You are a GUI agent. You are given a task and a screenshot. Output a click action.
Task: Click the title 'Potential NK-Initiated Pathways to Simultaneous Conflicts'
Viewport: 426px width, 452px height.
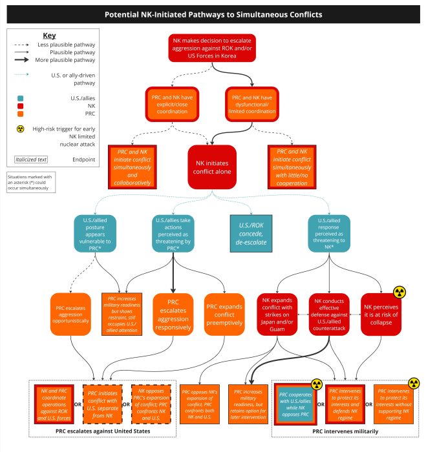(213, 14)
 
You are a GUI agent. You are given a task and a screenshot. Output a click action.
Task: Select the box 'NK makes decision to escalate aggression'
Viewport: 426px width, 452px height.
(212, 48)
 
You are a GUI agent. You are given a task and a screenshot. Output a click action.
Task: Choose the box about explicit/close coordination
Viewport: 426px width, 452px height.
(171, 105)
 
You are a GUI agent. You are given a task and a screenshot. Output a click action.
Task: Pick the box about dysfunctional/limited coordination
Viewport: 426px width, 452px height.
(253, 105)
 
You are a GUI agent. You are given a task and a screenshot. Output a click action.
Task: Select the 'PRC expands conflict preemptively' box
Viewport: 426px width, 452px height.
(223, 314)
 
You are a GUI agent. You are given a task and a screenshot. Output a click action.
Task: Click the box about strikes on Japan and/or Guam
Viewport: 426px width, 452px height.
(277, 314)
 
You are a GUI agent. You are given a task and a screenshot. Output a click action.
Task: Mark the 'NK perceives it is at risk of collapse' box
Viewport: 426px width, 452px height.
(381, 314)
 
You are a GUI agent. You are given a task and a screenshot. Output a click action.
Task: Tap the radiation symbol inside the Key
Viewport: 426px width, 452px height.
(21, 129)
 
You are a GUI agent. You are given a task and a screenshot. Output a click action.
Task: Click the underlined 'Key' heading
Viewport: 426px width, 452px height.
(50, 35)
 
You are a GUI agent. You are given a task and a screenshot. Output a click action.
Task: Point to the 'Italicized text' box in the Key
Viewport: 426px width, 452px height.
(33, 159)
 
